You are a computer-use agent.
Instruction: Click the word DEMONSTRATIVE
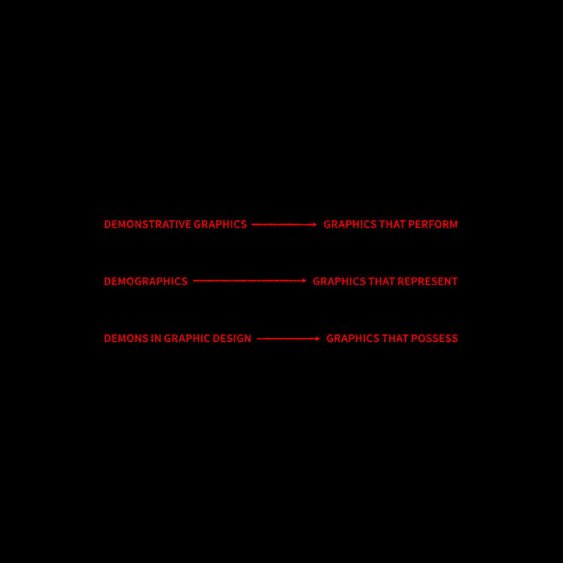click(147, 225)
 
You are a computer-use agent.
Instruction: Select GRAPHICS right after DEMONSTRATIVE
click(220, 225)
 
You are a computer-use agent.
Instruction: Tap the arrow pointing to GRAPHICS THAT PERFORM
click(284, 225)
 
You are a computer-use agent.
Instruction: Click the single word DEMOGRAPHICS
click(146, 281)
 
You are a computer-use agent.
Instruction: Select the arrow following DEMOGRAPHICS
click(249, 281)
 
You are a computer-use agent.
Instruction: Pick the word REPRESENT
click(427, 281)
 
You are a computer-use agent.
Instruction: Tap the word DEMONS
click(126, 338)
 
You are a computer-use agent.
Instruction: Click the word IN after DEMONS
click(156, 338)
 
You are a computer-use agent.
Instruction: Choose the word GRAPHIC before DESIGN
click(187, 338)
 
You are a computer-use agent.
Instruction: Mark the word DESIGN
click(232, 338)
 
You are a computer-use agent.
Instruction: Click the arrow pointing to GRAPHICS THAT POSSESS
click(288, 338)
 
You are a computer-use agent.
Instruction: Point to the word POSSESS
click(434, 338)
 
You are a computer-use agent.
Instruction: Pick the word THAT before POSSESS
click(395, 338)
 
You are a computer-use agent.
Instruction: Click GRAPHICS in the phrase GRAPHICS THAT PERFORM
click(350, 225)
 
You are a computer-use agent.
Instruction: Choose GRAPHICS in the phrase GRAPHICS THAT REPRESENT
click(339, 281)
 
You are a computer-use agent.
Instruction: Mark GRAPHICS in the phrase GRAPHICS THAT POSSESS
click(352, 338)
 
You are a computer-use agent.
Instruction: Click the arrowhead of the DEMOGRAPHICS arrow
click(305, 281)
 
